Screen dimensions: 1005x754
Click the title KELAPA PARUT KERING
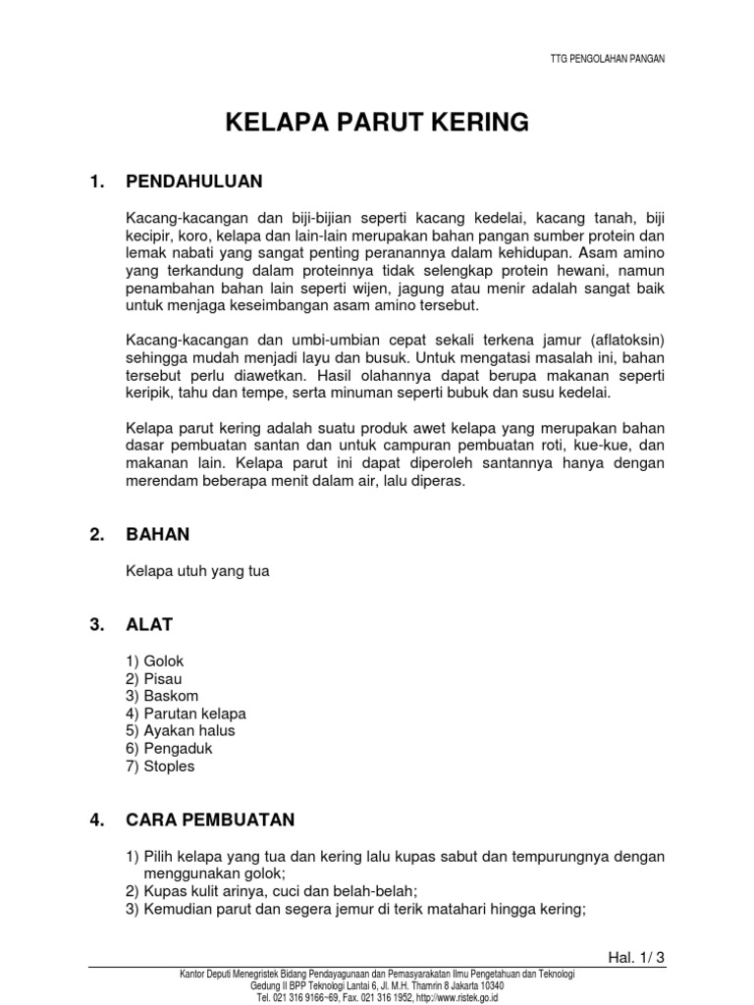pos(378,123)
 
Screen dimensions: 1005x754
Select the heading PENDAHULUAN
pos(194,182)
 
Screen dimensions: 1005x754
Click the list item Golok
pos(163,661)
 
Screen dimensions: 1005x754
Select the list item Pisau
pos(162,678)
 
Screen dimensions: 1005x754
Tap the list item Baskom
pos(169,696)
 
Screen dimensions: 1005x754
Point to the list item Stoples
pos(169,767)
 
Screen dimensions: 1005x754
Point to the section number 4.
pos(96,820)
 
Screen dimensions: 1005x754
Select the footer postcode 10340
pos(488,985)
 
